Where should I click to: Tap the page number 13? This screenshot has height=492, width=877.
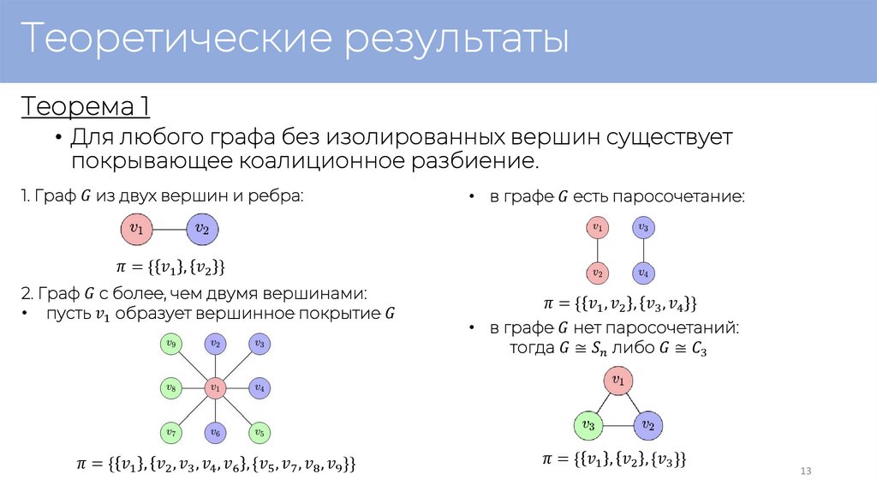point(804,472)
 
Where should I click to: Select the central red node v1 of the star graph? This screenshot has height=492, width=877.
point(215,388)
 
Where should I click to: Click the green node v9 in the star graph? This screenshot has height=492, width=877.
point(171,345)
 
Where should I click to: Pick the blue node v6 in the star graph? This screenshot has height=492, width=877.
point(215,432)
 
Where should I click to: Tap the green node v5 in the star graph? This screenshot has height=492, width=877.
point(259,432)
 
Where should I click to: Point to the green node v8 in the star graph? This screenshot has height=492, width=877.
point(171,388)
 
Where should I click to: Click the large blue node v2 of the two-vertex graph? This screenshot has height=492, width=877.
point(201,229)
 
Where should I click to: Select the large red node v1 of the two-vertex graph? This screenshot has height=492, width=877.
point(135,229)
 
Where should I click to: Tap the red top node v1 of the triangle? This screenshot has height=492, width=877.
point(618,380)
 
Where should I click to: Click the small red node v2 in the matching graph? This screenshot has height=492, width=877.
point(597,273)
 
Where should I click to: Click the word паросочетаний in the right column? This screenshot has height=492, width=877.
point(679,328)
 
